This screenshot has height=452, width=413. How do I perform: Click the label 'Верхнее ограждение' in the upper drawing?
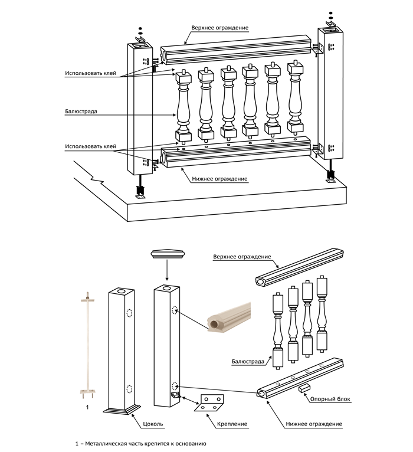(219, 28)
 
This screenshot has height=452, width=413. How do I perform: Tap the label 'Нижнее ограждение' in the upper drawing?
(219, 179)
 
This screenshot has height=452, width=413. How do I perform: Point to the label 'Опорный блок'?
(330, 399)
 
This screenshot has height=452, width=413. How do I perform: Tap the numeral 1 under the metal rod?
(87, 407)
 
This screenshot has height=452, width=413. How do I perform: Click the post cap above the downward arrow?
(167, 254)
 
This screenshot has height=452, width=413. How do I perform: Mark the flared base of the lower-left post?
(123, 408)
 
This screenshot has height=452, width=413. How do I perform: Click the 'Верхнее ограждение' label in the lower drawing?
(242, 257)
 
